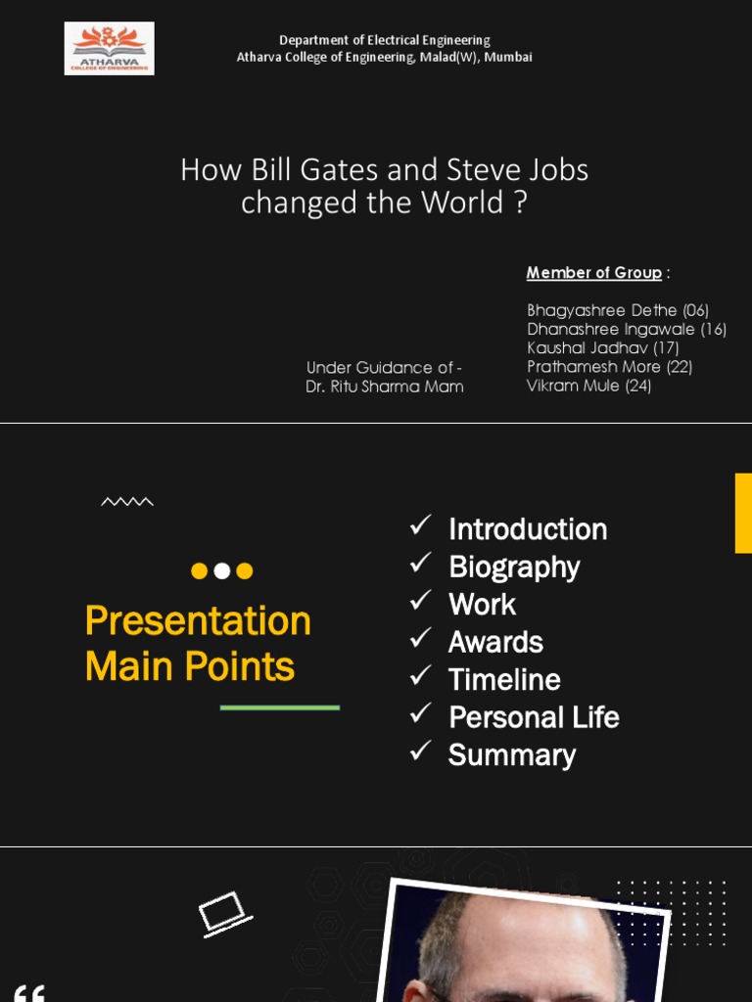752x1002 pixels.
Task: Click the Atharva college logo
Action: (109, 49)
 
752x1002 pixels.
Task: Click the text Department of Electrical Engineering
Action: (384, 40)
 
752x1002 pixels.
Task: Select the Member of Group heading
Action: (593, 272)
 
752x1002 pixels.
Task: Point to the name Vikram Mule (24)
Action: (588, 386)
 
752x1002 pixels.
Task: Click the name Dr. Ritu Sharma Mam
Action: (384, 387)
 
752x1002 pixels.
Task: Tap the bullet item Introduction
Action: (527, 529)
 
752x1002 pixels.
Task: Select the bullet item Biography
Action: (513, 567)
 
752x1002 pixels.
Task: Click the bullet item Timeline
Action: (503, 680)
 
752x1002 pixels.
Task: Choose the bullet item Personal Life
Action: (533, 717)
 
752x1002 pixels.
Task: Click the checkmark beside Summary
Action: (421, 751)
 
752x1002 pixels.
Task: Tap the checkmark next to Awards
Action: (421, 638)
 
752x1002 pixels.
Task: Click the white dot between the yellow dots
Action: (222, 570)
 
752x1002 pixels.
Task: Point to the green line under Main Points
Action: (280, 706)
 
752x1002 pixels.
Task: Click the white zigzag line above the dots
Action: (127, 502)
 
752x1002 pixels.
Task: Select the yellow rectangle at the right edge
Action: (743, 513)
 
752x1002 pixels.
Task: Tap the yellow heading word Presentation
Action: (198, 621)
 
